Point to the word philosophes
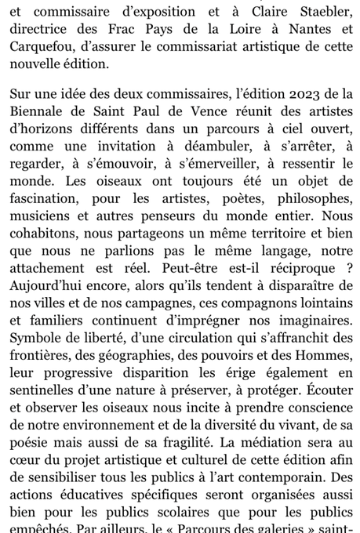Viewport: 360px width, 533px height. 312,198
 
